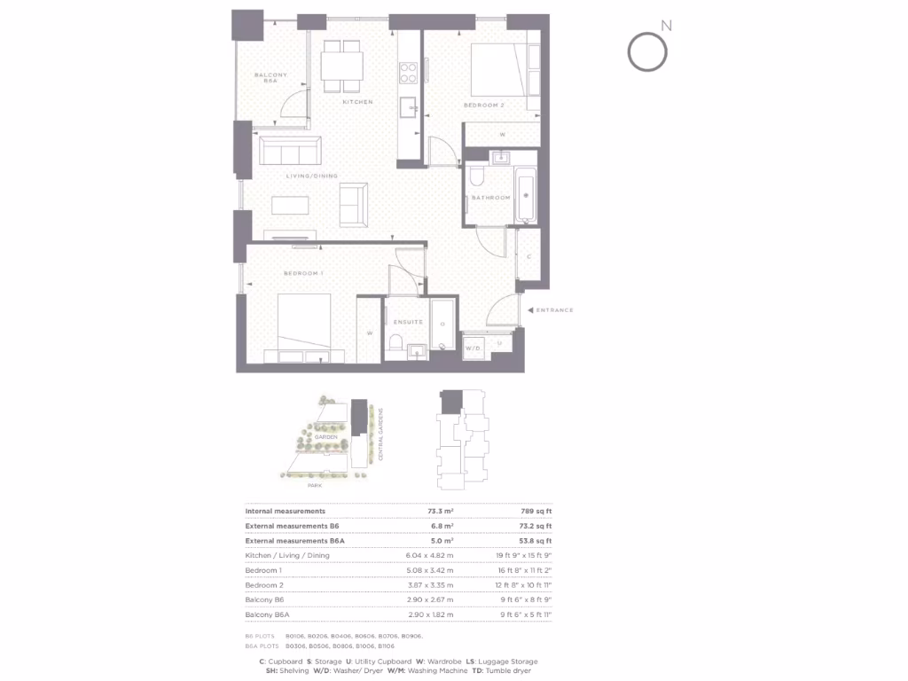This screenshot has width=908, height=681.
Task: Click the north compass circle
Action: (x=646, y=51)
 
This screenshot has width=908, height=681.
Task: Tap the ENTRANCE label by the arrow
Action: (x=555, y=310)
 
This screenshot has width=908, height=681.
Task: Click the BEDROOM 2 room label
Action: (x=483, y=106)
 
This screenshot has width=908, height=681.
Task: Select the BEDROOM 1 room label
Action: (x=301, y=273)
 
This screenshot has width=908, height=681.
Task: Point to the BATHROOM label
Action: (x=490, y=198)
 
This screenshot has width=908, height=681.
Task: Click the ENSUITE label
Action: (x=408, y=323)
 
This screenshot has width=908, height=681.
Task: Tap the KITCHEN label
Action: (x=358, y=102)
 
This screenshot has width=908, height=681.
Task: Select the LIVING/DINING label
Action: (x=312, y=176)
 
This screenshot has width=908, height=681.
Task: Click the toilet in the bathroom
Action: (x=475, y=174)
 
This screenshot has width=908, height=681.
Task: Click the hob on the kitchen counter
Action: (x=409, y=69)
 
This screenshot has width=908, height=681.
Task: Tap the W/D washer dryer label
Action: (x=474, y=348)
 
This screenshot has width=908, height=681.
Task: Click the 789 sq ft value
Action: (x=536, y=512)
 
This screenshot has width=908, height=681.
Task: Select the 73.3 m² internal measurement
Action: (x=441, y=512)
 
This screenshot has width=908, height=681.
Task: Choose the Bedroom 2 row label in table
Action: (x=263, y=585)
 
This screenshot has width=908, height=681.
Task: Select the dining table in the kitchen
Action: (x=341, y=65)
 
